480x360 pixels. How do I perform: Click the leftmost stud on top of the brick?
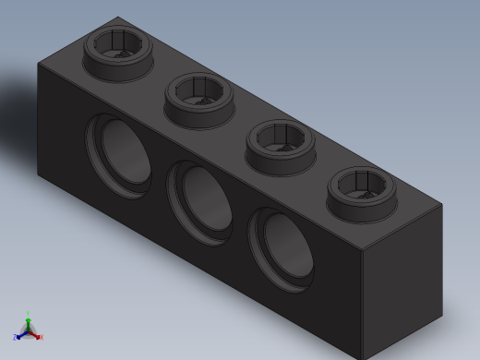(117, 51)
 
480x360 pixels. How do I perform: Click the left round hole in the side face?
(119, 155)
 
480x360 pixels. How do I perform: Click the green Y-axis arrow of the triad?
(28, 317)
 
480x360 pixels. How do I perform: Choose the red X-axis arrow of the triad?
(38, 336)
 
